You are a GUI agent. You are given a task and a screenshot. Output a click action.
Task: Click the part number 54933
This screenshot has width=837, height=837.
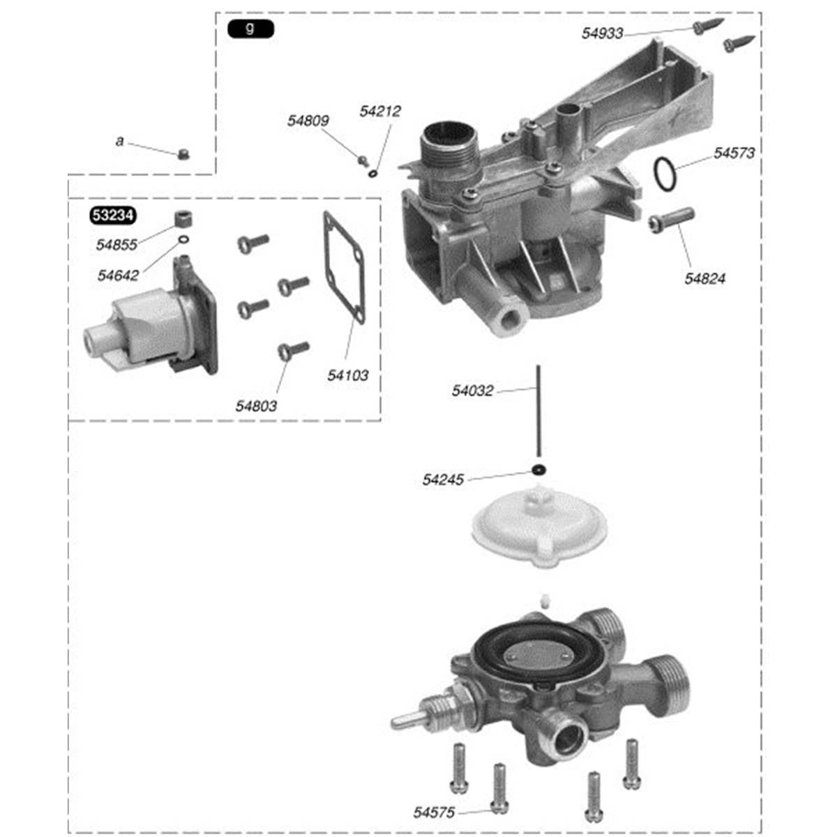click(x=603, y=33)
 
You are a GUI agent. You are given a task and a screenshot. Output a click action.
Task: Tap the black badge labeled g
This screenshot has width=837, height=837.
click(x=250, y=29)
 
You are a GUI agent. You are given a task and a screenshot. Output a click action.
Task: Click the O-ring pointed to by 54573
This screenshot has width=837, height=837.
click(x=665, y=174)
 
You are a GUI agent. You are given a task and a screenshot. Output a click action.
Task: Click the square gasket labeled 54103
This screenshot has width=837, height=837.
click(x=344, y=269)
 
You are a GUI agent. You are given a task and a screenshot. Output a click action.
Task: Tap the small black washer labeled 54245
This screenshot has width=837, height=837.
click(x=538, y=469)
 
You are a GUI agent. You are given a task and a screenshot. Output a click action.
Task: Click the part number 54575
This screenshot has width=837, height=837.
click(x=434, y=813)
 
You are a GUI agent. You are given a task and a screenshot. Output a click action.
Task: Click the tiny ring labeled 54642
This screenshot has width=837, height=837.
click(x=183, y=241)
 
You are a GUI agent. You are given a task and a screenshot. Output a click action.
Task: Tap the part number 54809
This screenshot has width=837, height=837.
click(x=308, y=121)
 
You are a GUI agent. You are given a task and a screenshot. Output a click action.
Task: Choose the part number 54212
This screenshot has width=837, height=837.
click(x=380, y=111)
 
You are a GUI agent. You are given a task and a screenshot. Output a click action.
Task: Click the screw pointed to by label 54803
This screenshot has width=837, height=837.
click(x=292, y=349)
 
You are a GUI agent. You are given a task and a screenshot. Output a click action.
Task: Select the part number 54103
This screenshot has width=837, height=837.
click(x=347, y=375)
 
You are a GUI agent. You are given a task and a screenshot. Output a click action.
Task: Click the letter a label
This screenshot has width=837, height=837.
click(x=119, y=142)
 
